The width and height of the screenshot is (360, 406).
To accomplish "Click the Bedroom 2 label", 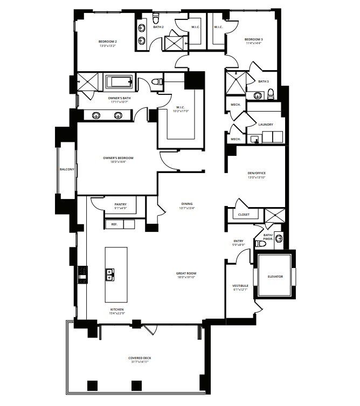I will click(x=108, y=42).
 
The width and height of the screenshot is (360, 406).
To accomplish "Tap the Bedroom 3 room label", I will click(x=253, y=39).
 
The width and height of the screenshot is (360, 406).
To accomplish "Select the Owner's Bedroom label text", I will click(x=118, y=158).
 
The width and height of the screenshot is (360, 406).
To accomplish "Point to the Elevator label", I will click(x=275, y=277).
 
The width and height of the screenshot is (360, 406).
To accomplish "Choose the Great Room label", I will click(x=185, y=273).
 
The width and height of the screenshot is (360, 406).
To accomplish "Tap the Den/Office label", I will click(x=256, y=173).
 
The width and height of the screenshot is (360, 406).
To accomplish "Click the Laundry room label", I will click(x=266, y=125).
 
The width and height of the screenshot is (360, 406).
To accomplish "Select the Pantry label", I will click(x=121, y=204).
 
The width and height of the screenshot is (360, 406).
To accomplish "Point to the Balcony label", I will click(x=67, y=169).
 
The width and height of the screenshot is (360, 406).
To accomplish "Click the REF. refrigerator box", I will click(x=114, y=224).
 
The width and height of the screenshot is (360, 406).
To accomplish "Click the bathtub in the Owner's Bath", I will click(x=118, y=82).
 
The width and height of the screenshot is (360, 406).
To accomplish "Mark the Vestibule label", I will click(x=240, y=286).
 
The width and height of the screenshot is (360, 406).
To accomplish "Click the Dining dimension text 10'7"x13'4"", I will click(x=185, y=208).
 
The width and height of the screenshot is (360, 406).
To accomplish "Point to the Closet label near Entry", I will click(x=244, y=215).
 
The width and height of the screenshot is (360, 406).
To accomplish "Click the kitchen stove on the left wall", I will click(x=82, y=274).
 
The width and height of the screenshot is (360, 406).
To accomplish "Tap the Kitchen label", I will click(x=117, y=309).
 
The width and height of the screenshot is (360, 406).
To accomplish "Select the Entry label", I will click(x=238, y=241).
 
